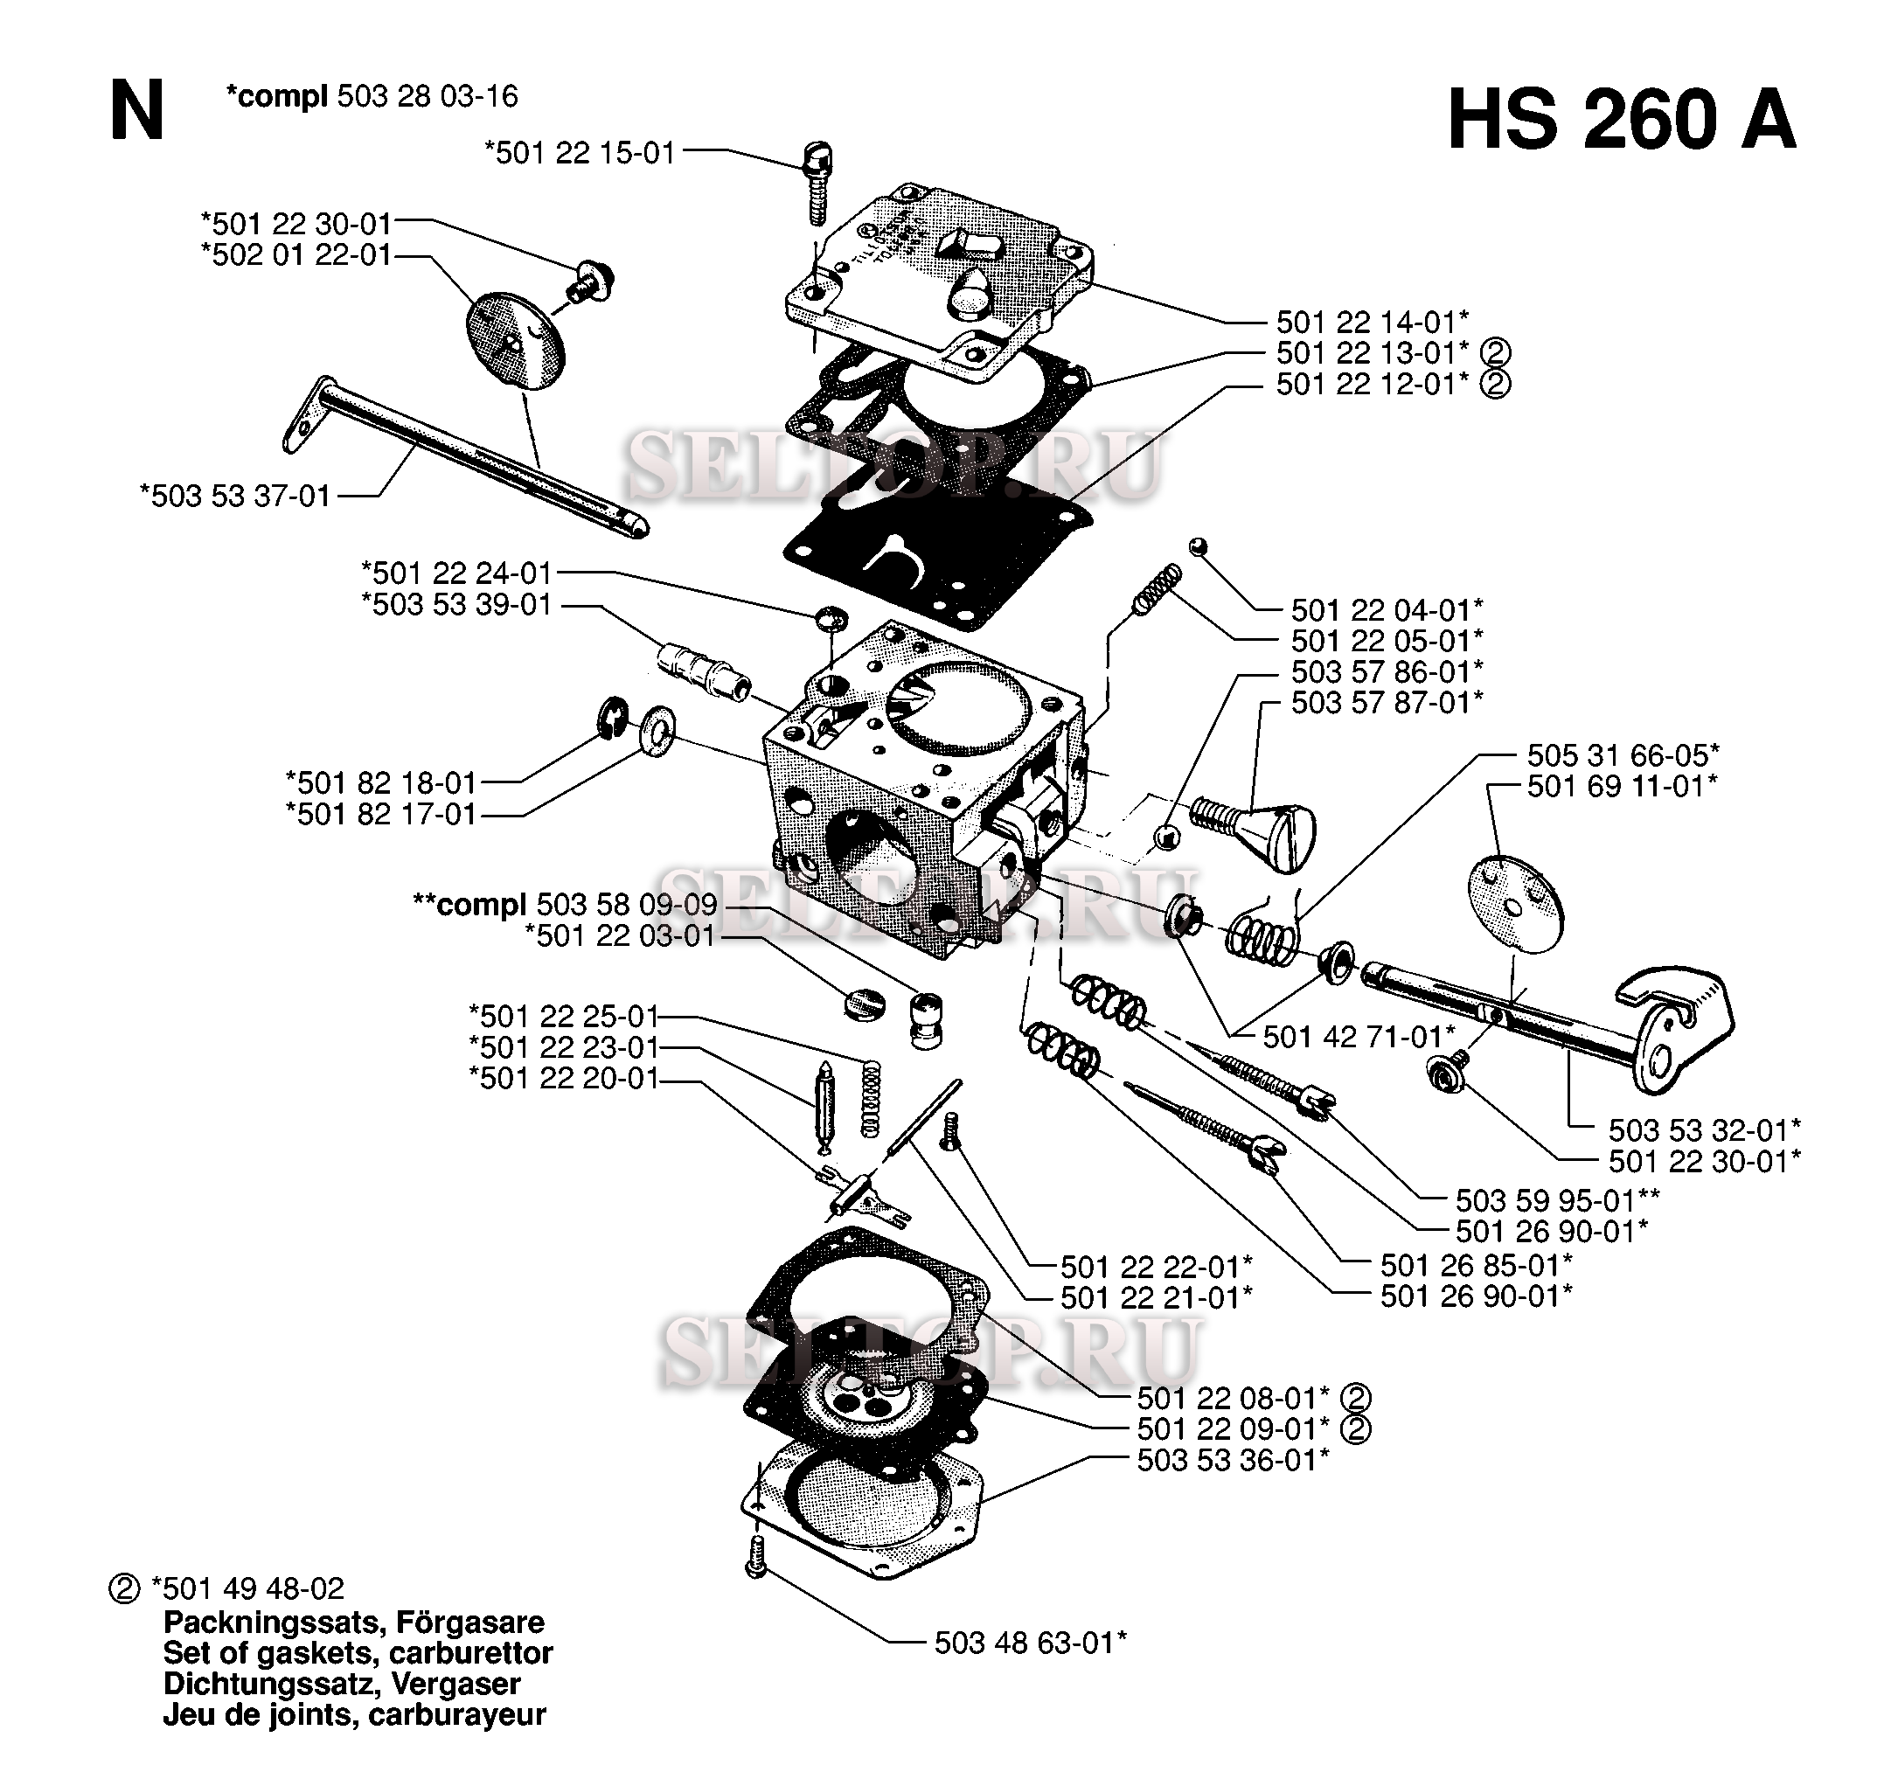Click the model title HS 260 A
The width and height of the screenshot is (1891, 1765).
(x=1621, y=121)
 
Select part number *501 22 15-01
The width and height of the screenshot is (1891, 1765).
(x=580, y=153)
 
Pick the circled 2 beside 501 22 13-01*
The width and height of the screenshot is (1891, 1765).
(x=1496, y=354)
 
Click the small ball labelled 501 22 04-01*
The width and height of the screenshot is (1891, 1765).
(x=1199, y=545)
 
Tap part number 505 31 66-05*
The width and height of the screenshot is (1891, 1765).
(x=1623, y=755)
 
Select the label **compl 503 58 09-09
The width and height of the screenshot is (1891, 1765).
(x=565, y=905)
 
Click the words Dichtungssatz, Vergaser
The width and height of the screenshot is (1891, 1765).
(x=343, y=1683)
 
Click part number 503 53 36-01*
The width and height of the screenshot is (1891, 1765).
(x=1233, y=1460)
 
